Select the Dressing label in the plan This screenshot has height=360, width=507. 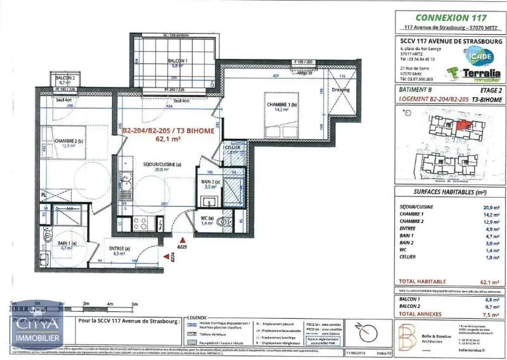pos(340,89)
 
